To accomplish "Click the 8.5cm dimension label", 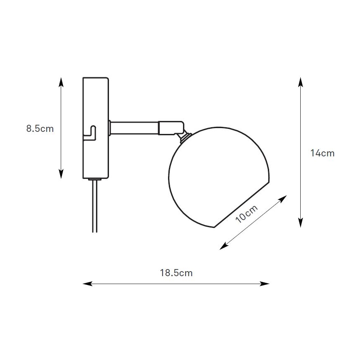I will (40, 129).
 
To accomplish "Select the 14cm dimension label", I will (322, 153).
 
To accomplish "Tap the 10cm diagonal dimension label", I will (247, 214).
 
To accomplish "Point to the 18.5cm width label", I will (176, 273).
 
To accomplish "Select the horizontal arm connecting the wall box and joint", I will (133, 128).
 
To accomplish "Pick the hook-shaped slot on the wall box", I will (92, 133).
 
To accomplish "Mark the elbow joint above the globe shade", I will (171, 127).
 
